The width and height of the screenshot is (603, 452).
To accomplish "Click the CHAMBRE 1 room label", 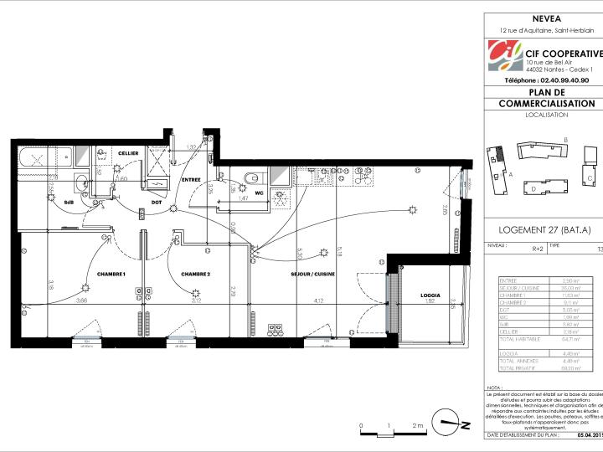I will [111, 275].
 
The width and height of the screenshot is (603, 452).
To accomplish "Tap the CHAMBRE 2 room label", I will [194, 275].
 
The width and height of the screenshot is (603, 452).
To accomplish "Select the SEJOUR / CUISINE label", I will [312, 275].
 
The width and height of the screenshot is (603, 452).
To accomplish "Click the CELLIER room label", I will [127, 154].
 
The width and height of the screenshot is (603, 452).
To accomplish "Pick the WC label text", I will [259, 193].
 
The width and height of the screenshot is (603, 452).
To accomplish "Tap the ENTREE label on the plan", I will [191, 179].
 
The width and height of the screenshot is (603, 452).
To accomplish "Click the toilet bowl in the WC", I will [253, 176].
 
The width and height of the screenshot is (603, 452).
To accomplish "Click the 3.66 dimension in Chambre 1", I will [82, 300].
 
